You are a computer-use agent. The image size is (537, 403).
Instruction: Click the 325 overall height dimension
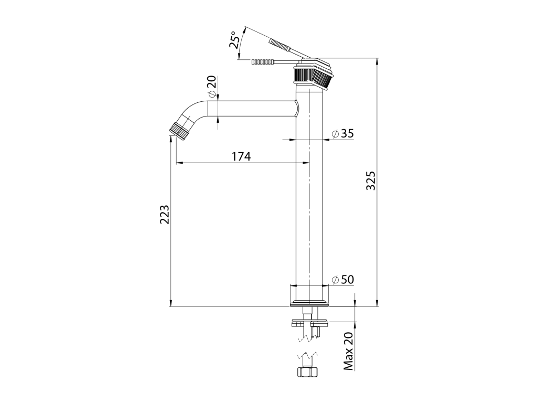click(x=371, y=181)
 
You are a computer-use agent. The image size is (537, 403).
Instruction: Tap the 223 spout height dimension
click(x=165, y=215)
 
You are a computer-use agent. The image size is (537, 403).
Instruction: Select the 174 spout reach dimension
click(x=241, y=156)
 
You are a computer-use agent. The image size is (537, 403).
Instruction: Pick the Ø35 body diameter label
click(x=342, y=133)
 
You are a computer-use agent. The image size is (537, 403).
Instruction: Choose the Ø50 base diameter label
click(x=342, y=280)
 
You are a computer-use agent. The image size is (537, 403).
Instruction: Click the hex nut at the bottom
click(x=307, y=372)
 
